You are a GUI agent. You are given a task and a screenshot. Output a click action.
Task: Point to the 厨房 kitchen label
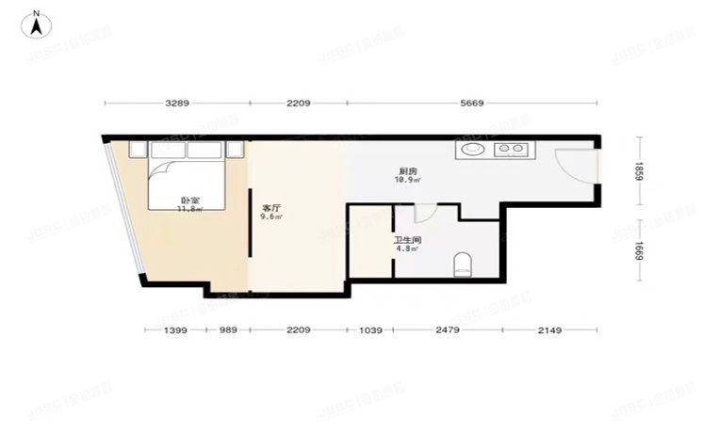(407, 171)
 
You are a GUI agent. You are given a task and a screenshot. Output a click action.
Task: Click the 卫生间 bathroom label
(407, 241)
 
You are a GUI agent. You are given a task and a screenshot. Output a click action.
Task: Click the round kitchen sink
(470, 148)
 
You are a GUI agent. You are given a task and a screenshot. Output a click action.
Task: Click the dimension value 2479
(447, 329)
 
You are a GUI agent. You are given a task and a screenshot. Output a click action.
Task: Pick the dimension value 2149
(548, 329)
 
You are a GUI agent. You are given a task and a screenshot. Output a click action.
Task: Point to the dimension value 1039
(370, 329)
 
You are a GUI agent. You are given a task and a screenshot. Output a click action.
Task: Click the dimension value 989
(228, 329)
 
